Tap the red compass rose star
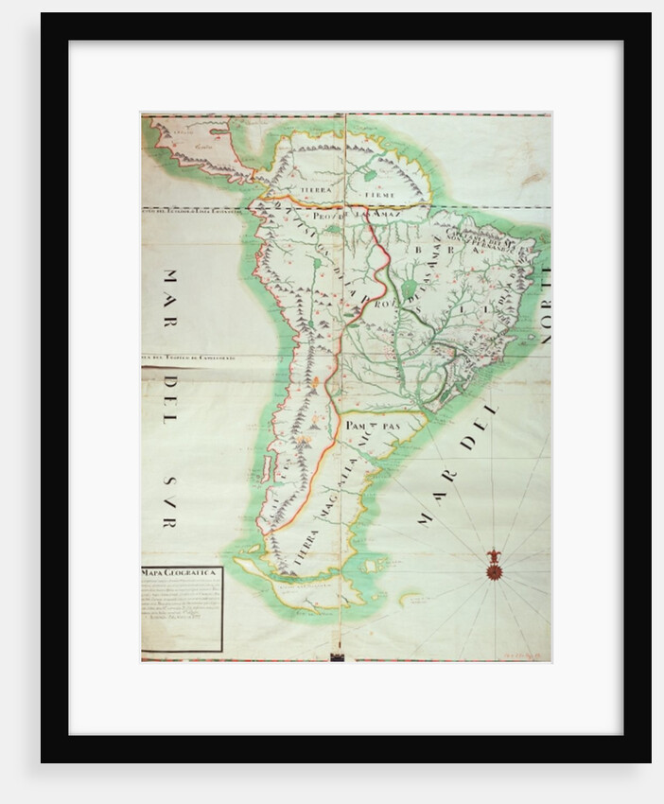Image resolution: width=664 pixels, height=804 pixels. point(492,571)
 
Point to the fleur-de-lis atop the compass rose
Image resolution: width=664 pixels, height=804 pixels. point(492,555)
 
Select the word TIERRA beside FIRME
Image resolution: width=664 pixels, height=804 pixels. point(318,190)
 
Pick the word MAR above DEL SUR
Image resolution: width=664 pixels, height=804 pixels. point(170,297)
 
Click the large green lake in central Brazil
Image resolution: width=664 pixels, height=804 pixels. point(410,287)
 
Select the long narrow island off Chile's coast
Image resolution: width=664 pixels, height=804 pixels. point(266,468)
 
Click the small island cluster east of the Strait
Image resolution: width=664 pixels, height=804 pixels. point(410,598)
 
